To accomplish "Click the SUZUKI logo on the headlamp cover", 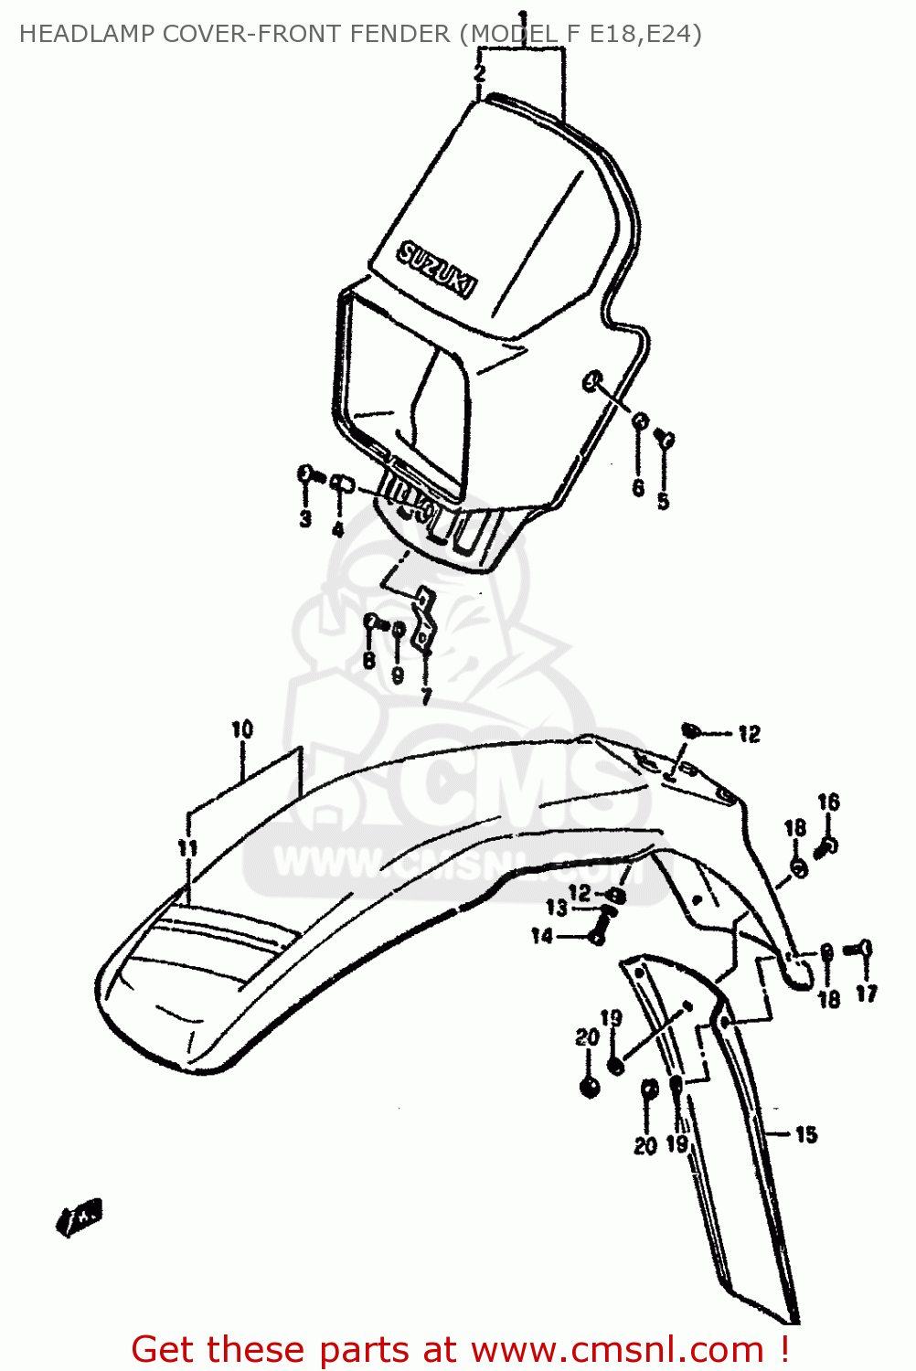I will [437, 271].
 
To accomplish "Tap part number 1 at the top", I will [523, 17].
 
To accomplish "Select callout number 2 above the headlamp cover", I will [480, 73].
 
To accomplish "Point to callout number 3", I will [305, 518].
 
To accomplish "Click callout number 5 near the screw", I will [663, 501].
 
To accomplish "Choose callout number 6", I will [638, 488].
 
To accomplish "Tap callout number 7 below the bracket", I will [426, 696].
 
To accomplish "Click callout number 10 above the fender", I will [241, 729].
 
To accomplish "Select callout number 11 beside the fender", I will [187, 848].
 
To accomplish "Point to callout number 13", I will [557, 908].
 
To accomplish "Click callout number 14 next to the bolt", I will [542, 936].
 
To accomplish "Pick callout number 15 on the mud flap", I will [805, 1134].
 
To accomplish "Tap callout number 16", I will [828, 802].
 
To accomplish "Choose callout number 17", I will [867, 994].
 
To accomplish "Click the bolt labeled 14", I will [599, 936].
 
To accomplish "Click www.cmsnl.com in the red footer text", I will [617, 1349].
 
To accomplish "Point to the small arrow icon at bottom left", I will [80, 1217].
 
